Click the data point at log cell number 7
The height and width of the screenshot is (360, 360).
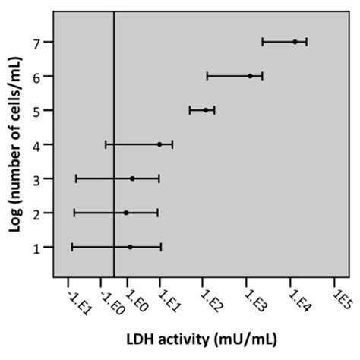click(295, 42)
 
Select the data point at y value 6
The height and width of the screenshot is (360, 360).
click(250, 76)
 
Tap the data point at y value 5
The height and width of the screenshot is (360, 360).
click(205, 110)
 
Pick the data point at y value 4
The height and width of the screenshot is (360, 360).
click(159, 144)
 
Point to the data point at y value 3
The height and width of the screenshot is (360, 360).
click(132, 178)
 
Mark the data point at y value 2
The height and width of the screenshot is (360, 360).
click(126, 213)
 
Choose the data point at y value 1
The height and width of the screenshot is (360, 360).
click(130, 247)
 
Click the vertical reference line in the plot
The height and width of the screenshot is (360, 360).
click(114, 152)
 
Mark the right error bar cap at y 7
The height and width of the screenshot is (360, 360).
click(307, 42)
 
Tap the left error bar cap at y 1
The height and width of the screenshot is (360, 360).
click(72, 247)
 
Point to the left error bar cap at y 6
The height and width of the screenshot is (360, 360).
click(207, 76)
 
